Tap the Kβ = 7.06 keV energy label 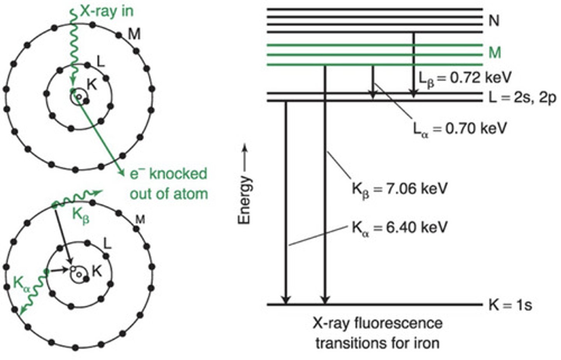point(400,189)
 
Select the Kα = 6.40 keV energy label point(400,228)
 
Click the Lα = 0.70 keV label point(460,128)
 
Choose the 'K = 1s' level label point(510,305)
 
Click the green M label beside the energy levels point(494,53)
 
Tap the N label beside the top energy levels point(494,20)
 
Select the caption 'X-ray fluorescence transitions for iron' point(377,334)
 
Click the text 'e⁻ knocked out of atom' point(168,184)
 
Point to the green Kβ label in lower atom point(81,215)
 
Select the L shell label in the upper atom point(101,61)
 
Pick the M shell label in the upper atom point(134,35)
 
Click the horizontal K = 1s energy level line point(374,304)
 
